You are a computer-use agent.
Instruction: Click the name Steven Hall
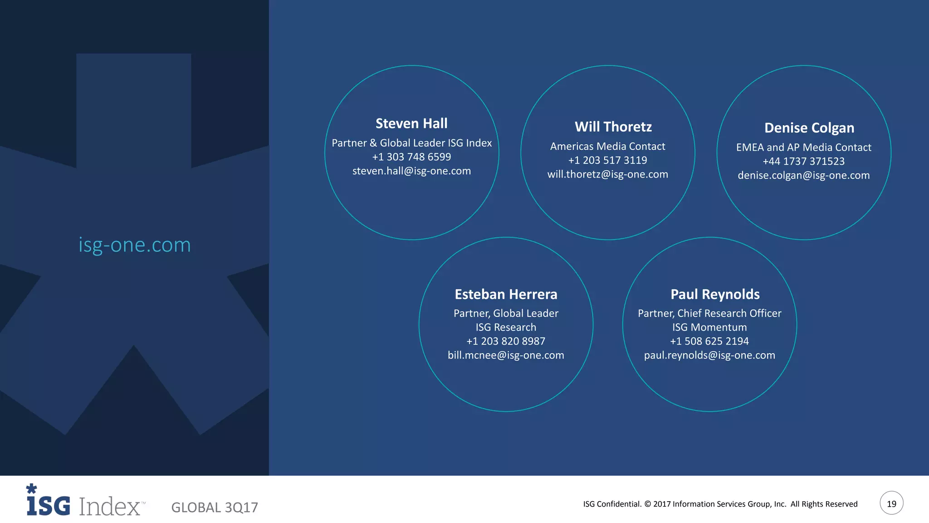click(411, 123)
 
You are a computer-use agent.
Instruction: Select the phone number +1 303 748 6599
click(411, 157)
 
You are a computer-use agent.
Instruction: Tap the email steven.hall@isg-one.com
click(411, 171)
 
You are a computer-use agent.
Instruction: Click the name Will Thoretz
click(613, 127)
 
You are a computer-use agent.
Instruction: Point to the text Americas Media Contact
click(607, 147)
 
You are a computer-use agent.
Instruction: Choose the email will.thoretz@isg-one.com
click(607, 174)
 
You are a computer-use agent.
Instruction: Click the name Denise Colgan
click(809, 128)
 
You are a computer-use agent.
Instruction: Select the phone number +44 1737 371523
click(803, 162)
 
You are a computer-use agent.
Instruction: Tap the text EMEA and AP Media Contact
click(803, 148)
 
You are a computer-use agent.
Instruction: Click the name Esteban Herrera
click(506, 295)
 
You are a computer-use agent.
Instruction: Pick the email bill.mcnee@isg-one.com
click(506, 355)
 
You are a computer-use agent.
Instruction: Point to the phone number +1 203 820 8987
click(506, 341)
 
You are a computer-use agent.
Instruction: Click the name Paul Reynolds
click(715, 295)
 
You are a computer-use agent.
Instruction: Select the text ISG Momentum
click(709, 327)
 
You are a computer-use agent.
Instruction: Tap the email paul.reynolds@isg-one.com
click(709, 355)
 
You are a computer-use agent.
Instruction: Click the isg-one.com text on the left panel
click(135, 245)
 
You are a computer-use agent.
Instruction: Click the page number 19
click(891, 503)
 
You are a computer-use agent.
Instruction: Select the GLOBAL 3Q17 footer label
click(215, 508)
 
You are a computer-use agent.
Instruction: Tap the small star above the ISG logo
click(31, 489)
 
